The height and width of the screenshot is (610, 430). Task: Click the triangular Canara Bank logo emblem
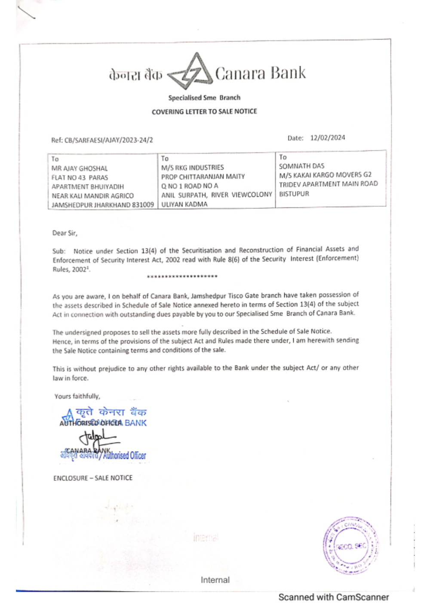click(x=190, y=72)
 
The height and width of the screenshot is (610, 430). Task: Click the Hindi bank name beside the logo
click(x=135, y=75)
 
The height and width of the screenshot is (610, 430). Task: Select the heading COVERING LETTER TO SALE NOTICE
click(x=204, y=111)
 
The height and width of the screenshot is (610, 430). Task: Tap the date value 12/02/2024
click(x=328, y=138)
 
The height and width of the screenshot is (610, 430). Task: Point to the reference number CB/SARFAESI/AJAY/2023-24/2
click(x=108, y=140)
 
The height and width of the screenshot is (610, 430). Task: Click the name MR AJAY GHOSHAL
click(x=80, y=168)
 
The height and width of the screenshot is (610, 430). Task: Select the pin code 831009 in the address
click(x=143, y=205)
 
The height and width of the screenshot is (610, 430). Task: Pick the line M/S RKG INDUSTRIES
click(x=192, y=167)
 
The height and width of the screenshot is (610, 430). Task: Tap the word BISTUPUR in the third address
click(x=294, y=194)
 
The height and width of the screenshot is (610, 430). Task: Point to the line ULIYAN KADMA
click(x=184, y=204)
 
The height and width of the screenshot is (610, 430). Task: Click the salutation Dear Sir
click(x=64, y=233)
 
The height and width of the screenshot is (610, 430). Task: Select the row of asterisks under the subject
click(x=182, y=276)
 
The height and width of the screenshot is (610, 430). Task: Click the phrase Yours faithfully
click(x=77, y=396)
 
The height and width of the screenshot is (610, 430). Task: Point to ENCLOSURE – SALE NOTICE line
click(x=93, y=478)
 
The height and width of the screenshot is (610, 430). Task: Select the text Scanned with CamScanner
click(x=333, y=597)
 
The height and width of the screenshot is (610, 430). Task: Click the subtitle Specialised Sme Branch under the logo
click(x=204, y=98)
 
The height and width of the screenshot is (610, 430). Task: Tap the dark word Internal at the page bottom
click(x=215, y=580)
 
